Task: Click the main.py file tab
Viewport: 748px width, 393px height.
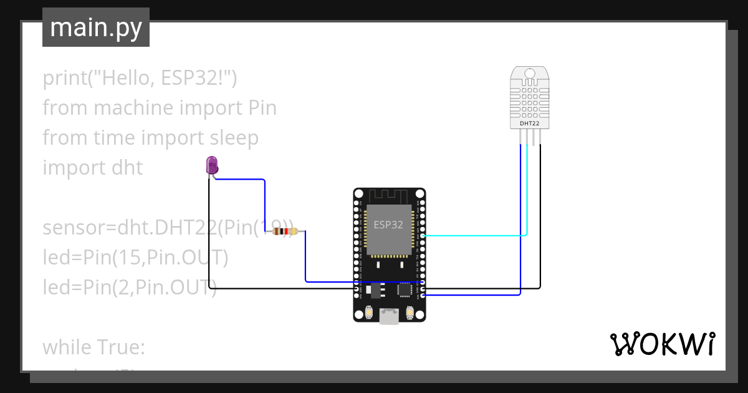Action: [95, 27]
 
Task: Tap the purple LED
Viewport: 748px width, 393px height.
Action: [212, 165]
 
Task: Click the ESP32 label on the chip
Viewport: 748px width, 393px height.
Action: [388, 225]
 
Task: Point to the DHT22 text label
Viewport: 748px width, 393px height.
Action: [529, 124]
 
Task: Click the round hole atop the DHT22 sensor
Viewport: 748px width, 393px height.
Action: [530, 74]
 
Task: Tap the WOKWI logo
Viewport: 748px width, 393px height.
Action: [661, 344]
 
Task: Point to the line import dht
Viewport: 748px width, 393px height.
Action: [92, 168]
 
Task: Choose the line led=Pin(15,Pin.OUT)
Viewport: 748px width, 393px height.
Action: [135, 257]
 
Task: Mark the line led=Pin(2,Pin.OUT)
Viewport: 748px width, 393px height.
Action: [129, 287]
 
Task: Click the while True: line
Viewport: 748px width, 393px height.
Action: [93, 347]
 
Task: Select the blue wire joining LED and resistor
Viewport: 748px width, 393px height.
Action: [264, 200]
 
